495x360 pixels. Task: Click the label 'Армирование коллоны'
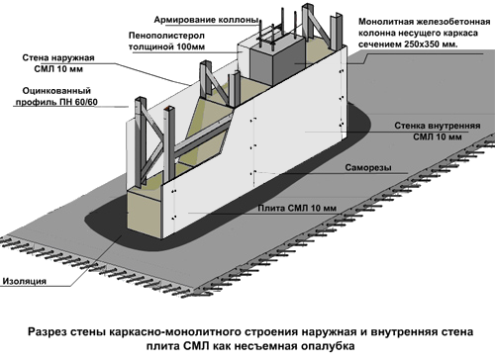(206, 20)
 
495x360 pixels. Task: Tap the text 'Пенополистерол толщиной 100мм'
(166, 41)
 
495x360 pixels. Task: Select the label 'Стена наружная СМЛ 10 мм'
(58, 63)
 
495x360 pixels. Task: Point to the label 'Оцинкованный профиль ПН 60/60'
(56, 96)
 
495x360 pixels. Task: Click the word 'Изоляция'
(24, 281)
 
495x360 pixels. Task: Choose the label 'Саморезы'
(368, 167)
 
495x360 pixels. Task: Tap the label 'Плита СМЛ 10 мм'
(297, 208)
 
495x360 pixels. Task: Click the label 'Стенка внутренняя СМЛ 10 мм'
(438, 132)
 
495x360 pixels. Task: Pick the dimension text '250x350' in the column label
(426, 45)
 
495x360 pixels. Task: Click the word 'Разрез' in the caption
(47, 331)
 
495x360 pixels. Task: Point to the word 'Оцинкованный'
(56, 91)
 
